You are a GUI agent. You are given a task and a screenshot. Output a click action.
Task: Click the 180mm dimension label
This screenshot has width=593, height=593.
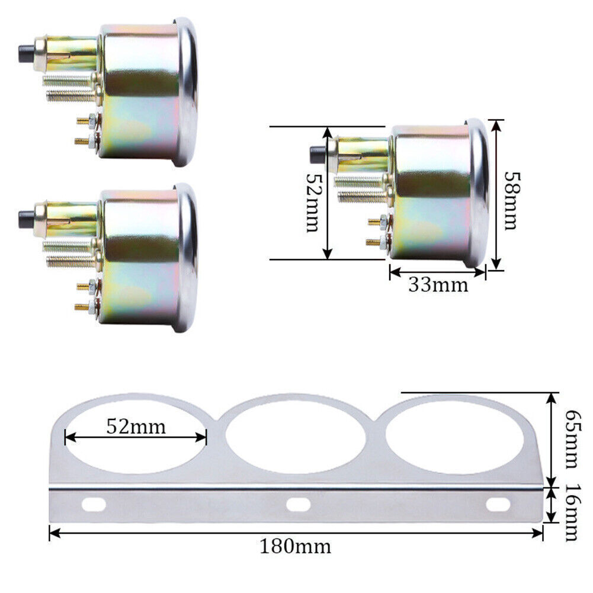(295, 546)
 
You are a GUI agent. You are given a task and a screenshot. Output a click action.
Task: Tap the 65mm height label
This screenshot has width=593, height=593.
(570, 437)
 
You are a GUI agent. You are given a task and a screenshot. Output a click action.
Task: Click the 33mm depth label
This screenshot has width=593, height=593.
(438, 285)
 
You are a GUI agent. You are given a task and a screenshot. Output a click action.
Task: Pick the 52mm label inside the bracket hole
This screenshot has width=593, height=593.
(136, 426)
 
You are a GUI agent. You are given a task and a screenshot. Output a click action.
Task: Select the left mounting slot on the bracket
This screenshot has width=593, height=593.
(95, 505)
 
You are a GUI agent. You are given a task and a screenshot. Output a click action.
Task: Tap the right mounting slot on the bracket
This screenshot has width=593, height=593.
(498, 505)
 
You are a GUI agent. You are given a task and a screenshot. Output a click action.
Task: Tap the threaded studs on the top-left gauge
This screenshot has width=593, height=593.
(68, 86)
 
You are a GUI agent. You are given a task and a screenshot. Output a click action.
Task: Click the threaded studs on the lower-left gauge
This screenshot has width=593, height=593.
(68, 251)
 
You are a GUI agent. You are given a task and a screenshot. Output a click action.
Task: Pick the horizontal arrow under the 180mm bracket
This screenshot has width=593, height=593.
(296, 533)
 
